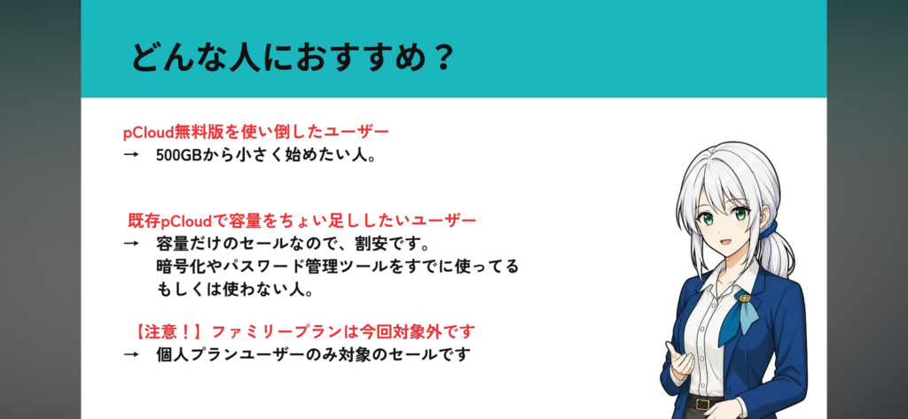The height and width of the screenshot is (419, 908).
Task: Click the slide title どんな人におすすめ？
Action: [x=291, y=58]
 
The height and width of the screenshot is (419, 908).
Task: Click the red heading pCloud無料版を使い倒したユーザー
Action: [x=256, y=132]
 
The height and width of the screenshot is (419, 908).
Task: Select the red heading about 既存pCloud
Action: [x=301, y=221]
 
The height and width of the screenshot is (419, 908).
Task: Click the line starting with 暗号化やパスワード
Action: [x=337, y=267]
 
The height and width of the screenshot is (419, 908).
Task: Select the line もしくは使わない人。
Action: [x=235, y=290]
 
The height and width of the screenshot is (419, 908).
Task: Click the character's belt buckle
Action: [x=703, y=403]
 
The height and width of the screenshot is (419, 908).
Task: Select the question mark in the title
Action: [x=442, y=58]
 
